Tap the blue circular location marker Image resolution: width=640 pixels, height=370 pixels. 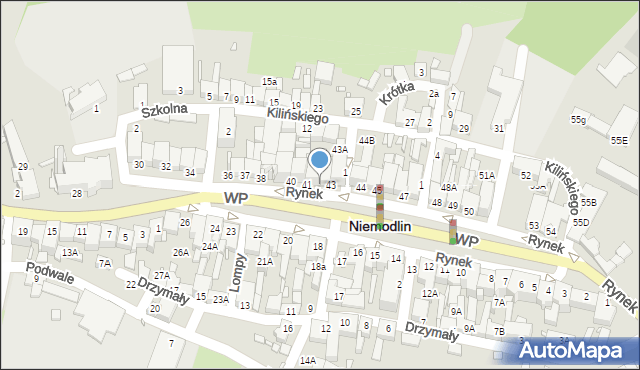(x=320, y=159)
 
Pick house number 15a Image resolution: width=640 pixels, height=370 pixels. (x=269, y=81)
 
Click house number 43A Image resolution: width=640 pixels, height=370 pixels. (x=340, y=149)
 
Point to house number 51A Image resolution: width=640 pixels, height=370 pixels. (x=487, y=175)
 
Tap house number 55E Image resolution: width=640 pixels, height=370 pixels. (x=619, y=141)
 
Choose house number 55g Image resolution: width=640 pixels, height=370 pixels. (x=578, y=120)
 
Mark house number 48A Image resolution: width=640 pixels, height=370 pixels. (x=449, y=187)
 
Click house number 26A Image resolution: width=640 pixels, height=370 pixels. (x=180, y=252)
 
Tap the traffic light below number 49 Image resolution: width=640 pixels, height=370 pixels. (x=453, y=232)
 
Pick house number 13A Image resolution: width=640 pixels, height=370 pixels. (x=69, y=252)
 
